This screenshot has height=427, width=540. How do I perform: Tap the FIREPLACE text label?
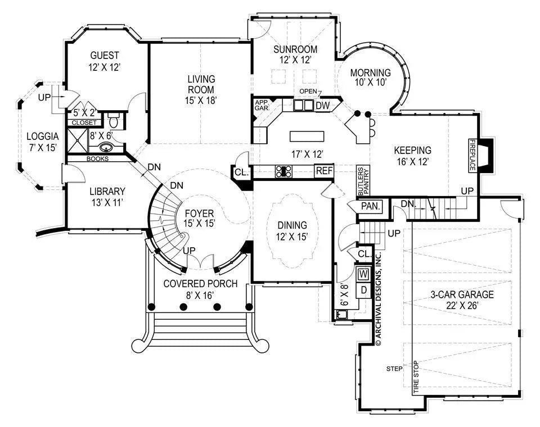473,155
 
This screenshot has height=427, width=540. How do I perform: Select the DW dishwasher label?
322,105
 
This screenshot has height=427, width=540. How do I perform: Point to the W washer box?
363,275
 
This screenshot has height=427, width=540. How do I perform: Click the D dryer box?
363,290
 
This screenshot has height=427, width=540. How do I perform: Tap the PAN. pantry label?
371,206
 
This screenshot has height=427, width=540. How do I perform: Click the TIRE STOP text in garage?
416,376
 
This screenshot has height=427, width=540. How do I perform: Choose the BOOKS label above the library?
97,158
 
